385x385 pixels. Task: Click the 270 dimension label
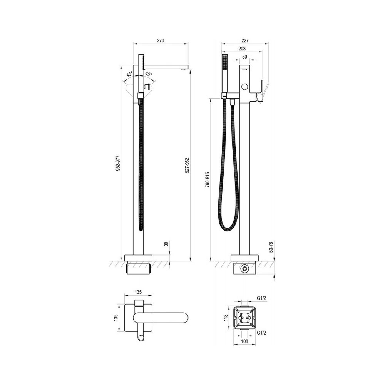tap(160, 40)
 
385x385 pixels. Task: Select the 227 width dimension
tap(245, 40)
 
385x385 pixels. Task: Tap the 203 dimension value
tap(242, 49)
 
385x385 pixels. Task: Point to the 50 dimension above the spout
tap(244, 57)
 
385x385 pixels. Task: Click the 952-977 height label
tap(118, 163)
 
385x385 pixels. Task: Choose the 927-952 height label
tap(187, 166)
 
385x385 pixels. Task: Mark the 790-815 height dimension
tap(207, 180)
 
